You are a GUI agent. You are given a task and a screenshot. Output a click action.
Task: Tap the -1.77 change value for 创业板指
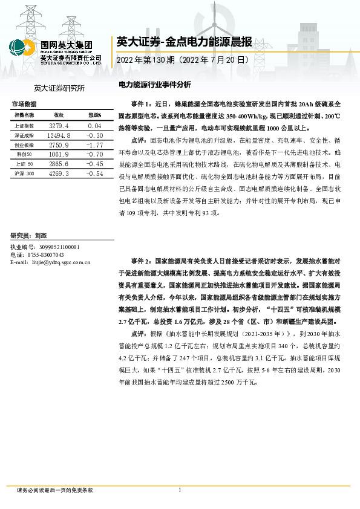[x=94, y=146]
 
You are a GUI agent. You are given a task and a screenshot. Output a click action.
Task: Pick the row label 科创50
[x=24, y=155]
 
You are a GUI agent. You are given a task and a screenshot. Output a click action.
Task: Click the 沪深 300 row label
[x=25, y=173]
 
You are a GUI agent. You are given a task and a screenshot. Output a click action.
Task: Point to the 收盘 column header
[x=59, y=115]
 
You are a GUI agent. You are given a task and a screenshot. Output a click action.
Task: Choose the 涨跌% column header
[x=94, y=115]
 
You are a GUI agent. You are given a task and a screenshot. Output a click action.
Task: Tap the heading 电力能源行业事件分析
[x=154, y=85]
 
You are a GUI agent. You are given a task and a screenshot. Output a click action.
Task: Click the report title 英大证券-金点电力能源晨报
[x=184, y=43]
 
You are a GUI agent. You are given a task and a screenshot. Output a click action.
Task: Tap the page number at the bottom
[x=180, y=490]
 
